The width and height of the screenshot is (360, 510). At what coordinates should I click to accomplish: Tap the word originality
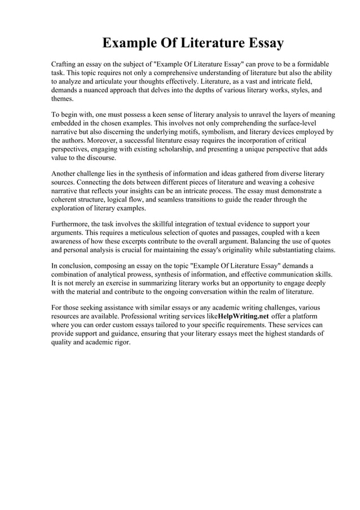[x=243, y=249]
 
